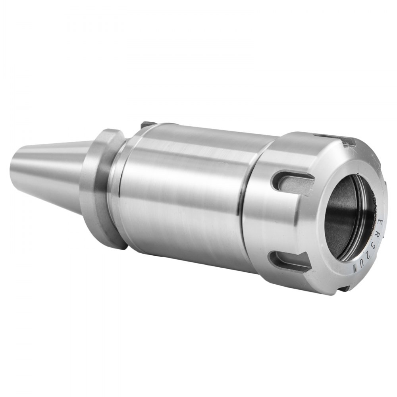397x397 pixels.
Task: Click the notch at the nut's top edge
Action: click(x=344, y=140)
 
